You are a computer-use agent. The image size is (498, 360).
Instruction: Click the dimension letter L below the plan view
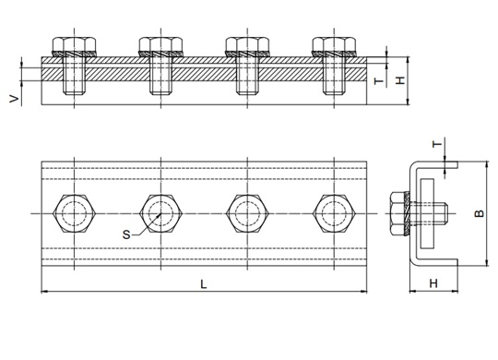[x=204, y=284]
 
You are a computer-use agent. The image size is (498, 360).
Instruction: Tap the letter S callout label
[x=126, y=234]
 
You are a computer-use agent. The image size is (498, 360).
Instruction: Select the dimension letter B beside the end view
[x=480, y=213]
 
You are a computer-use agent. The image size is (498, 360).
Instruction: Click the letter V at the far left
[x=14, y=99]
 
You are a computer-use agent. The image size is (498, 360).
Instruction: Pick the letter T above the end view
[x=438, y=144]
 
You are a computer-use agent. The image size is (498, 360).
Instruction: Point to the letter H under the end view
[x=433, y=283]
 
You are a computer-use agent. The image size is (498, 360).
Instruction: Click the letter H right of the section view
[x=401, y=80]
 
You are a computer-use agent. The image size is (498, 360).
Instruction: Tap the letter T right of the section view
[x=379, y=81]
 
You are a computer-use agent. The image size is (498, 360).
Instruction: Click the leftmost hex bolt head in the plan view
[x=75, y=213]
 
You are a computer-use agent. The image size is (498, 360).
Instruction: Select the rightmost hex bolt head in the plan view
[x=334, y=213]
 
